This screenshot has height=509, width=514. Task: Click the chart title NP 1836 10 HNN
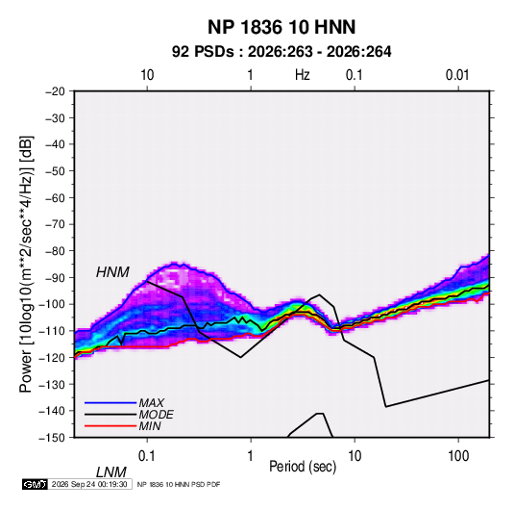pyautogui.click(x=281, y=27)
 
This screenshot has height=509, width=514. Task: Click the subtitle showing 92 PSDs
pyautogui.click(x=281, y=52)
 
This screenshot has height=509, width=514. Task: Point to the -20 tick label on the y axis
pyautogui.click(x=55, y=91)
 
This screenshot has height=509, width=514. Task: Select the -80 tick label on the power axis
pyautogui.click(x=55, y=251)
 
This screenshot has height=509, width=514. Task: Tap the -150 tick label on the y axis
pyautogui.click(x=52, y=438)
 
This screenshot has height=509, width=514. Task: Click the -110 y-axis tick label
pyautogui.click(x=52, y=331)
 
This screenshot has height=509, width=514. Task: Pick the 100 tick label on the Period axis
pyautogui.click(x=458, y=456)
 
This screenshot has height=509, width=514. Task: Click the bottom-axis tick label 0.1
pyautogui.click(x=146, y=456)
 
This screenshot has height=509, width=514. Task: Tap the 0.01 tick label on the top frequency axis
pyautogui.click(x=457, y=75)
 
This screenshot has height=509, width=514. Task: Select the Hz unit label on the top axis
pyautogui.click(x=303, y=75)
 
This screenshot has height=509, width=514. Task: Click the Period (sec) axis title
pyautogui.click(x=303, y=467)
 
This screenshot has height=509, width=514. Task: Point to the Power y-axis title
pyautogui.click(x=26, y=264)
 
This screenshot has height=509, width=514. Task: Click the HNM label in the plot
pyautogui.click(x=112, y=272)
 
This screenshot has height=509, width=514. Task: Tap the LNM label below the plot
pyautogui.click(x=110, y=472)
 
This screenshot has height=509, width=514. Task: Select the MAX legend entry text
pyautogui.click(x=151, y=402)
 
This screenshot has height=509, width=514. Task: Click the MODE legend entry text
pyautogui.click(x=156, y=415)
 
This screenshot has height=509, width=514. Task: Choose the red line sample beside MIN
pyautogui.click(x=110, y=426)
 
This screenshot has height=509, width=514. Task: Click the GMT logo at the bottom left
pyautogui.click(x=36, y=484)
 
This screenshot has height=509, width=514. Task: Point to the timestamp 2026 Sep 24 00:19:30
pyautogui.click(x=89, y=484)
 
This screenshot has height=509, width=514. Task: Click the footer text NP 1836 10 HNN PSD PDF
pyautogui.click(x=179, y=484)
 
